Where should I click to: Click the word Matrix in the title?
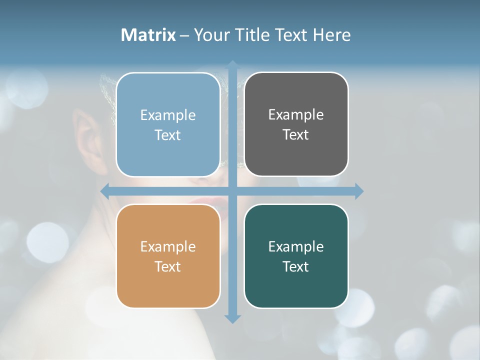coord(148,35)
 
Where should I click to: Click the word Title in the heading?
coord(251,35)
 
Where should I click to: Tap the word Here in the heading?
coord(331,35)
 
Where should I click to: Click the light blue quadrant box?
coord(168,124)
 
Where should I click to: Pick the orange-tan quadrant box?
coord(168,256)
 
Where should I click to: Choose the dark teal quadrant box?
coord(296,256)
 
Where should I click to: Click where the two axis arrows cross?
coord(232,191)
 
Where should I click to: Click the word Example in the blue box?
coord(168,115)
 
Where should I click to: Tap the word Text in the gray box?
coord(296,134)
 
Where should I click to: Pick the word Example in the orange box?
coord(168,246)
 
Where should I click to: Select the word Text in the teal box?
coord(296,266)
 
